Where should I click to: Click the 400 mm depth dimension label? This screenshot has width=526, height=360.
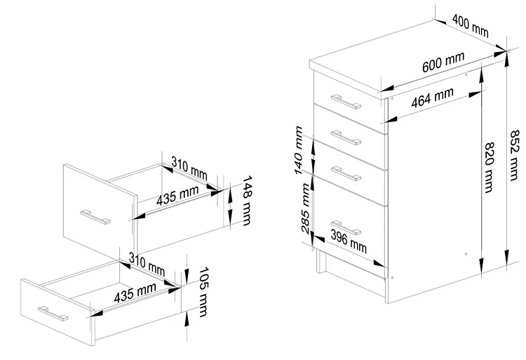(470, 25)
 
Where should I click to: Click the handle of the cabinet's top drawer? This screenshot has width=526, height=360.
(347, 103)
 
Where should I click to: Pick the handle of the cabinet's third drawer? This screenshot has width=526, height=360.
(346, 172)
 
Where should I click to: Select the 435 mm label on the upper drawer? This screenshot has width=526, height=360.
(176, 196)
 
